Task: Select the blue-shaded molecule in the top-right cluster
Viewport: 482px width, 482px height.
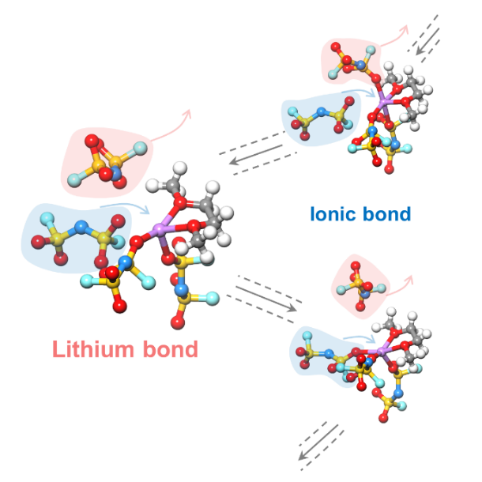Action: click(x=320, y=119)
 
